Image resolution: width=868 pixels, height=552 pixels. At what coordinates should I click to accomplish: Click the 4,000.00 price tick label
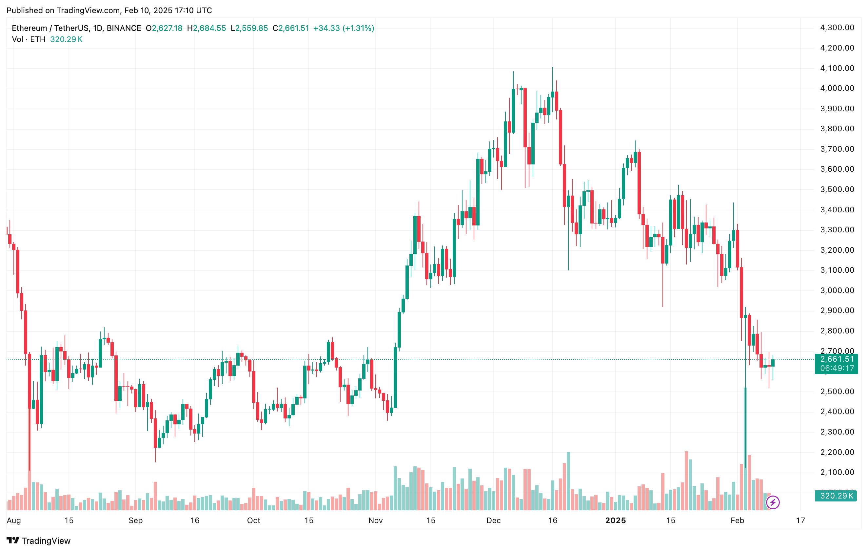pyautogui.click(x=837, y=88)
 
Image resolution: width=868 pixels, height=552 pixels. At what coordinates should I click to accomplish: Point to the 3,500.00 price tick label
pyautogui.click(x=837, y=189)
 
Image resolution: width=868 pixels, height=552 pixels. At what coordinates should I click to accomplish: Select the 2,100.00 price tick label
pyautogui.click(x=837, y=472)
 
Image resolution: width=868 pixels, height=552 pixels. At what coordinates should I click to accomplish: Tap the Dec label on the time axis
pyautogui.click(x=493, y=520)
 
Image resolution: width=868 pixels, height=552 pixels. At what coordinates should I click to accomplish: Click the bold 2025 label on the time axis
pyautogui.click(x=615, y=520)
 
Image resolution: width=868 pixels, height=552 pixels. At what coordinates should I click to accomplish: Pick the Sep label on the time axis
pyautogui.click(x=135, y=520)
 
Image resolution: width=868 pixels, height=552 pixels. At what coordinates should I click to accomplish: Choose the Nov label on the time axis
pyautogui.click(x=375, y=520)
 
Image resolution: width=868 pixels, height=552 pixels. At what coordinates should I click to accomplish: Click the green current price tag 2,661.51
pyautogui.click(x=837, y=359)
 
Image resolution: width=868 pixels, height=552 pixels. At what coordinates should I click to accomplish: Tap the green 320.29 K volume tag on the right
pyautogui.click(x=836, y=496)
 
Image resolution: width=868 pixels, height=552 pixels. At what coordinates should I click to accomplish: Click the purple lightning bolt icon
pyautogui.click(x=773, y=502)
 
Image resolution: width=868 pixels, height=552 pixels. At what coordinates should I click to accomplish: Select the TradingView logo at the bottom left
pyautogui.click(x=39, y=541)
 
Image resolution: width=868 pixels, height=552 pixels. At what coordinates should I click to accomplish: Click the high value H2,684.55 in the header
pyautogui.click(x=207, y=28)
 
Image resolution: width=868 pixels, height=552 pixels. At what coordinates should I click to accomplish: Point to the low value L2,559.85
pyautogui.click(x=249, y=28)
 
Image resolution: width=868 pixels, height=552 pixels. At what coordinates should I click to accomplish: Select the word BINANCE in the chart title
pyautogui.click(x=124, y=28)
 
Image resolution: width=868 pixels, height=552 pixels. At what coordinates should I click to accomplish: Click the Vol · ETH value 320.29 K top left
pyautogui.click(x=66, y=39)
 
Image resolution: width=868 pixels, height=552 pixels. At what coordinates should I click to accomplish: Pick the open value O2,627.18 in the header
pyautogui.click(x=164, y=28)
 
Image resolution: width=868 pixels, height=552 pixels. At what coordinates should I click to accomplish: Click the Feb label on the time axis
pyautogui.click(x=737, y=520)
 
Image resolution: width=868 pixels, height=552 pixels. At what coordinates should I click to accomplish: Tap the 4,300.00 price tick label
pyautogui.click(x=837, y=28)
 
